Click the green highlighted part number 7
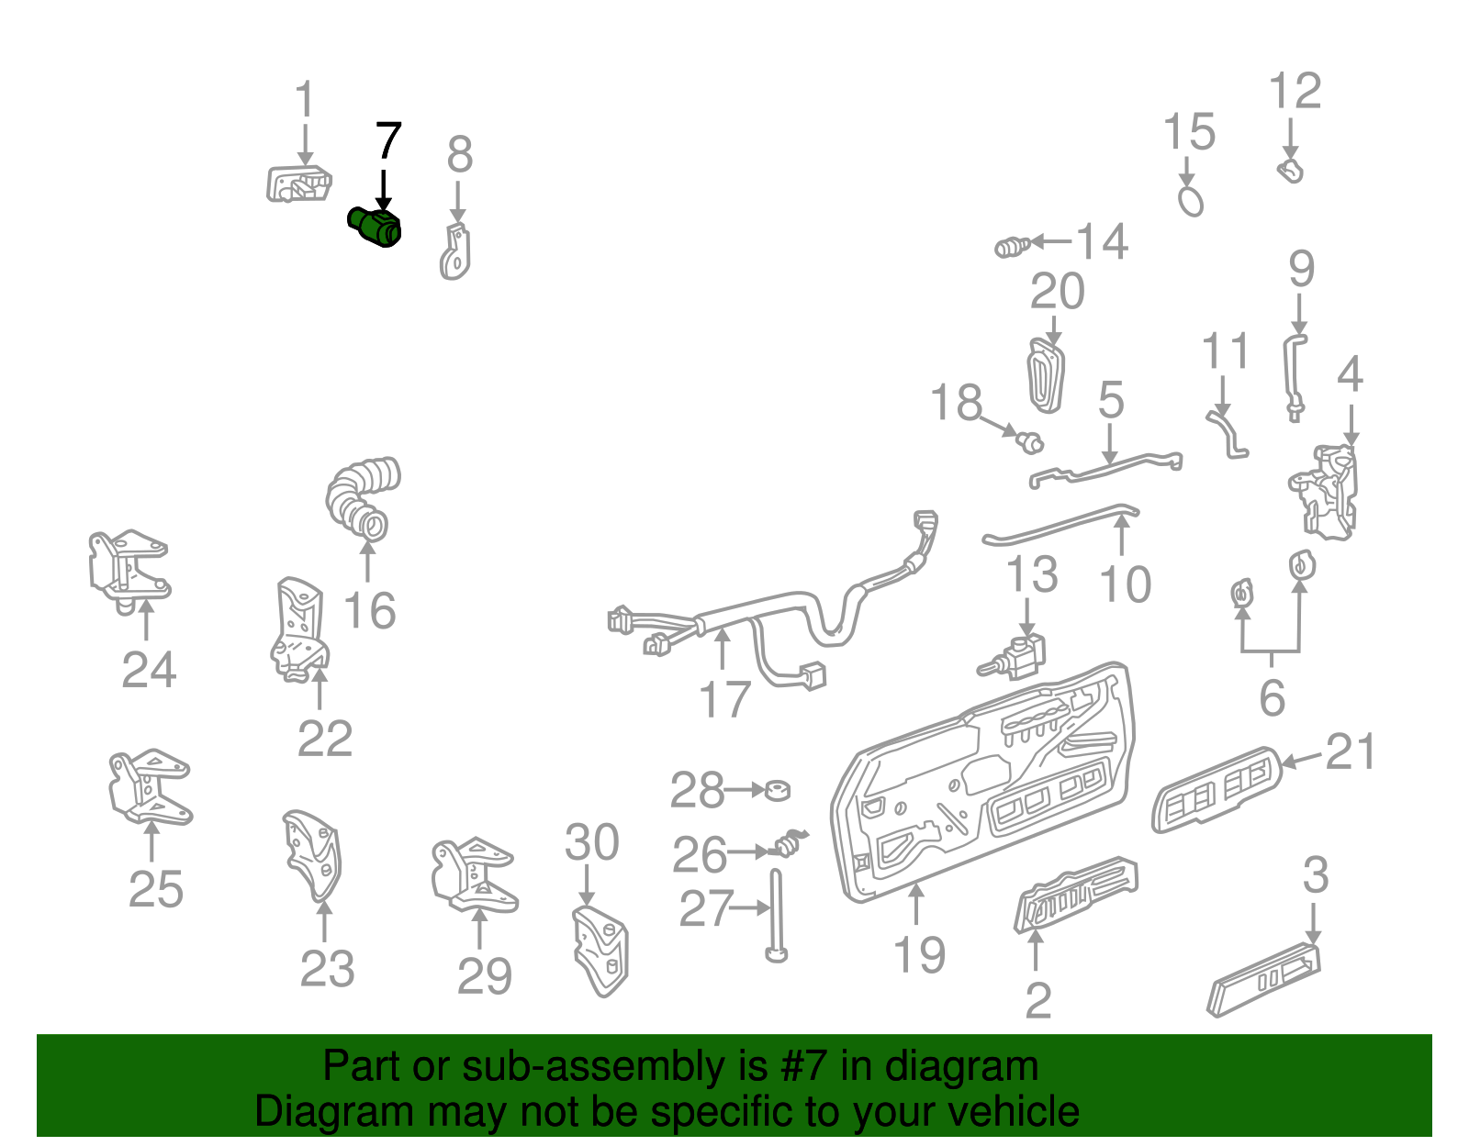[376, 226]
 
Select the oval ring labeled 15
[1190, 201]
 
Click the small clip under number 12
[1290, 171]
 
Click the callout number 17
[724, 699]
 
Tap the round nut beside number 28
[778, 789]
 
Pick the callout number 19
[919, 955]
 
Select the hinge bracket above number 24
[128, 569]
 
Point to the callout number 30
[591, 842]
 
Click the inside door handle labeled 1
[298, 184]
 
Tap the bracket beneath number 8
[455, 250]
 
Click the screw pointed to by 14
[1010, 247]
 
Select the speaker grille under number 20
[1046, 376]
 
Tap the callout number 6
[1272, 699]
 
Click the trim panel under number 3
[1265, 979]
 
